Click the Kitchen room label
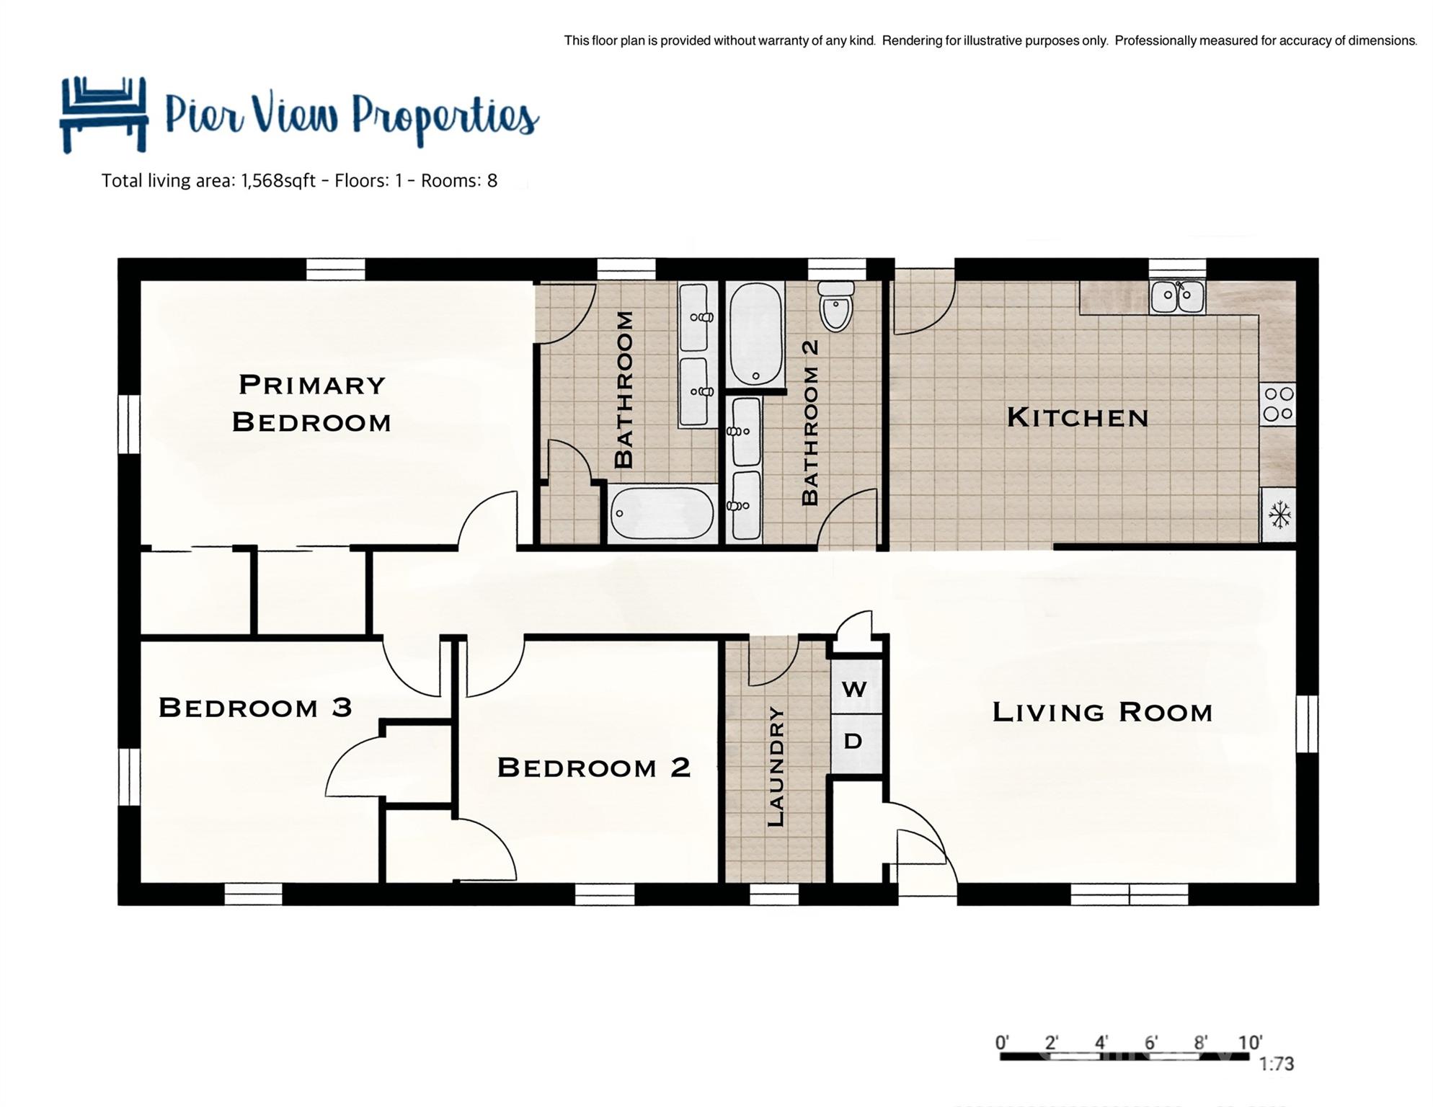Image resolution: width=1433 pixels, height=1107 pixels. tap(1077, 417)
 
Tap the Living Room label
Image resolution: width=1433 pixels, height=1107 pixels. tap(1102, 712)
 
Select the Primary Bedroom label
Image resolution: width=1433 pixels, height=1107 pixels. tap(311, 403)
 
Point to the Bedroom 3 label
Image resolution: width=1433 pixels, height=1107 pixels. tap(255, 707)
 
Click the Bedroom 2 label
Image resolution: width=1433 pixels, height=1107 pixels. tap(594, 767)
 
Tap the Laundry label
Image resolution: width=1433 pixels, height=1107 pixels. tap(776, 766)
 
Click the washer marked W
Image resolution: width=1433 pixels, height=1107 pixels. tap(855, 688)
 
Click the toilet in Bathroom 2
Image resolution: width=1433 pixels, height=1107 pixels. tap(836, 306)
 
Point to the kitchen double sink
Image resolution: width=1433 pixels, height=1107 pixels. tap(1177, 296)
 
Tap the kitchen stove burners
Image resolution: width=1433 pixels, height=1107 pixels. tap(1278, 404)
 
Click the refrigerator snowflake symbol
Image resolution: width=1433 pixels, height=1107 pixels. tap(1279, 515)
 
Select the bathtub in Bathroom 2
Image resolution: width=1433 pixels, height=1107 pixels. tap(755, 334)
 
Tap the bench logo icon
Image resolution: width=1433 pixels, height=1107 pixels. tap(104, 115)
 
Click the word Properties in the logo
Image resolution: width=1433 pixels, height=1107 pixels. tap(445, 117)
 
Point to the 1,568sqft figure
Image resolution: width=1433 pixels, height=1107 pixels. tap(278, 180)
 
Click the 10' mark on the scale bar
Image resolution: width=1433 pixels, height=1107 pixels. tap(1250, 1042)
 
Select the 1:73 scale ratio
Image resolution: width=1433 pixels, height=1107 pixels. tap(1276, 1064)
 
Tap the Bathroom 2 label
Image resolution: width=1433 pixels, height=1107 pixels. tap(810, 422)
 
